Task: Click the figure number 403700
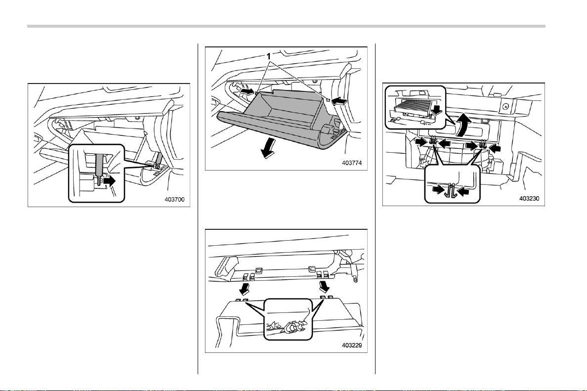tap(174, 200)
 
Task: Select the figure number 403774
tap(352, 163)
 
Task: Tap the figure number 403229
tap(352, 346)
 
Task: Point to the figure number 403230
tap(529, 199)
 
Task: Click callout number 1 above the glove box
tap(268, 56)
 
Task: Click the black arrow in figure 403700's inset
tap(110, 181)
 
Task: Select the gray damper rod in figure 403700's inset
tap(99, 165)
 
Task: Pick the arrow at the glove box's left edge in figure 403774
tap(247, 91)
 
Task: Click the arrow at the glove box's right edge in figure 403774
tap(338, 100)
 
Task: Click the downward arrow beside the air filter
tap(436, 110)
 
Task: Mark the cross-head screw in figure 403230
tap(505, 107)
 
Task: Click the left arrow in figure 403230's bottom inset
tap(438, 189)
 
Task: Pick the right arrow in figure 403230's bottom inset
tap(463, 192)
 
